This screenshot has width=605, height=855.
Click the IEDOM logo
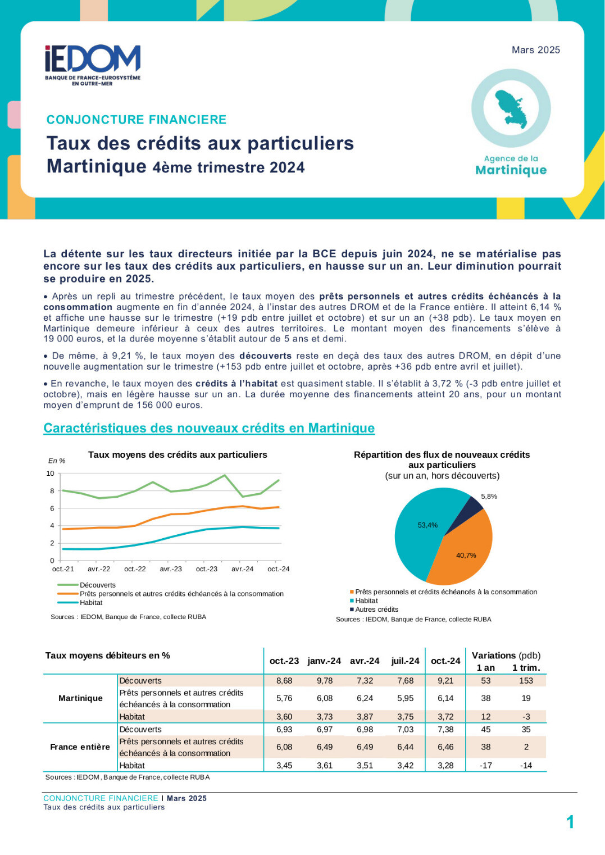[x=93, y=65]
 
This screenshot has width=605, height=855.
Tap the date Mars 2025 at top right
[x=535, y=50]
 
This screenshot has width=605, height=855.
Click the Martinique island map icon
[x=511, y=109]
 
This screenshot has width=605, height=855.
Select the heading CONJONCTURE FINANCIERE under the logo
[x=137, y=120]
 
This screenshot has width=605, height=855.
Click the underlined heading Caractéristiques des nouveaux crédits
[x=209, y=428]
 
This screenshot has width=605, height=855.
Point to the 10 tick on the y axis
[x=51, y=474]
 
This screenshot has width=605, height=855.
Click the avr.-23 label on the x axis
[x=171, y=569]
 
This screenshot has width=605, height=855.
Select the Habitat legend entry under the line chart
[x=80, y=602]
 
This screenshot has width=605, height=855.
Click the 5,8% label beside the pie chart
[x=489, y=496]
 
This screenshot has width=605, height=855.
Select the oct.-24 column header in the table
[x=445, y=661]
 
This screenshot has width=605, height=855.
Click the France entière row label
[x=80, y=747]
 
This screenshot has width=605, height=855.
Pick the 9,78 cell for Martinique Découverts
[x=325, y=680]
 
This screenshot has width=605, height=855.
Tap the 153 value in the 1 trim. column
[x=526, y=680]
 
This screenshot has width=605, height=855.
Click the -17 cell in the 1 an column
[x=485, y=765]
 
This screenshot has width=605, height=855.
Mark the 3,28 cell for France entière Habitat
[x=445, y=765]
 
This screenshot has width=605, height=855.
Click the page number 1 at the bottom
[x=570, y=822]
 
